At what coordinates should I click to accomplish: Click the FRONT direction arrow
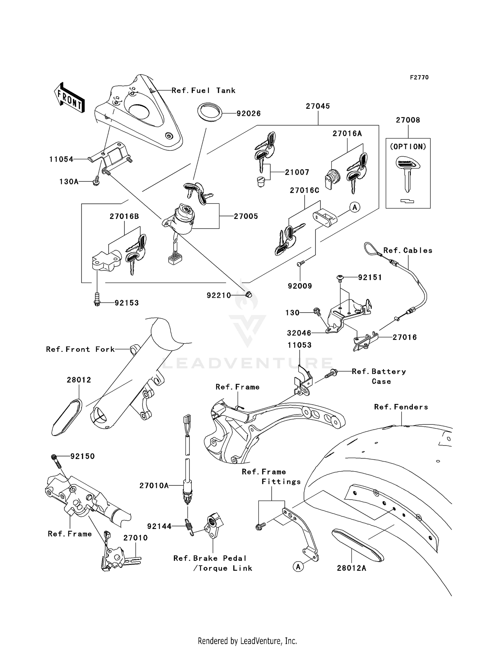point(69,98)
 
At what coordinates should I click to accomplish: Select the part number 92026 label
point(248,113)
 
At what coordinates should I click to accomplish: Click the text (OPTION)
point(408,147)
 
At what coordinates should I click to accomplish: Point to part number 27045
point(317,106)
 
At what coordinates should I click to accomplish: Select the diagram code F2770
point(419,77)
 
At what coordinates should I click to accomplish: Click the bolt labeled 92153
point(97,299)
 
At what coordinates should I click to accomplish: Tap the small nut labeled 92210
point(249,294)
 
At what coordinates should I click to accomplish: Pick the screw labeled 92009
point(300,263)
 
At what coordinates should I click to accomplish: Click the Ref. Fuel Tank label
point(203,90)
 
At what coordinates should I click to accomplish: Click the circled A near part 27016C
point(355,207)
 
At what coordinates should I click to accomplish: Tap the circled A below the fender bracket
point(298,567)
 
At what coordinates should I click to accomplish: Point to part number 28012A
point(351,568)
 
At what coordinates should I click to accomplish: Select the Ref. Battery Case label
point(379,376)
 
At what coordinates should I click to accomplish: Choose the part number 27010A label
point(154,485)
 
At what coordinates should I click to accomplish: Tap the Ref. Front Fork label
point(80,349)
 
